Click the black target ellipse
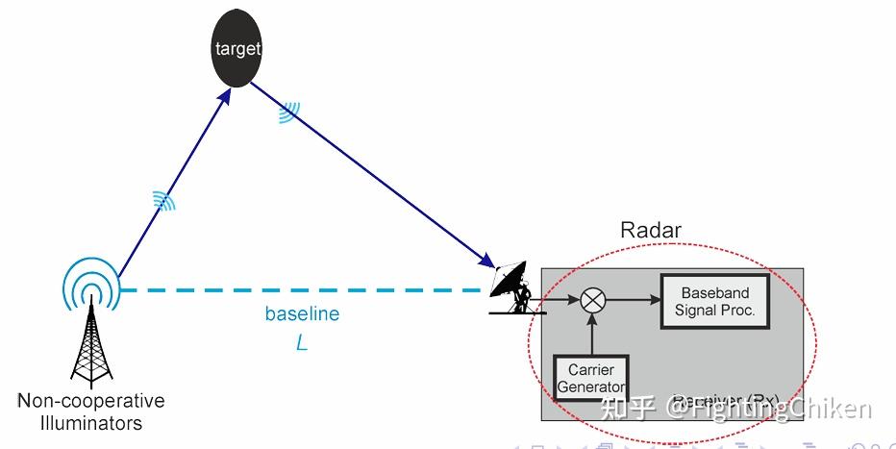tap(236, 49)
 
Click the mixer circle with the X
tap(593, 301)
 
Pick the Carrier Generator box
tap(591, 379)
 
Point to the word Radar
tap(651, 230)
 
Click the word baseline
tap(302, 314)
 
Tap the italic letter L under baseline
tap(302, 342)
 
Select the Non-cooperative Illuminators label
tap(91, 412)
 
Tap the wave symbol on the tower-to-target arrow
tap(164, 200)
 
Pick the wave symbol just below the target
tap(287, 114)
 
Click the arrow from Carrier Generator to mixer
tap(593, 335)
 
